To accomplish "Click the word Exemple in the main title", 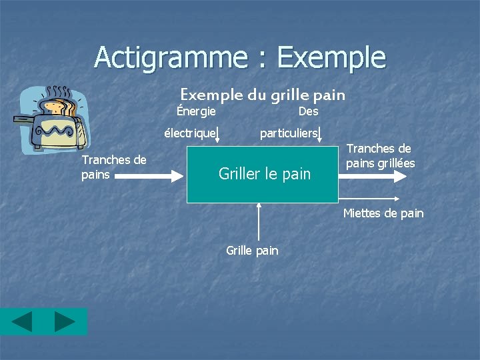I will [x=331, y=57].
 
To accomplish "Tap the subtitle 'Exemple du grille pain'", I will [x=263, y=95].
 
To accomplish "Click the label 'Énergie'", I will [x=196, y=111].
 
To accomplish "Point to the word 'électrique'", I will [x=190, y=133].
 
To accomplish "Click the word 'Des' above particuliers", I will [x=309, y=111].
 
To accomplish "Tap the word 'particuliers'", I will [x=288, y=133].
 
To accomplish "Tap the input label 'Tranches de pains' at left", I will [x=113, y=167].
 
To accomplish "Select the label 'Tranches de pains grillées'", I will [x=381, y=156].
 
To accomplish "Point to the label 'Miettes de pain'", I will [x=383, y=213].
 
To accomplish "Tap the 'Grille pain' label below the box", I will [x=252, y=251].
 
